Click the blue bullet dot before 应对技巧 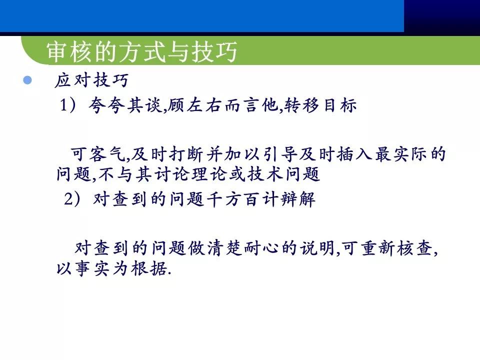(27, 80)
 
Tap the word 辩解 (302, 199)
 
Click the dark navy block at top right (441, 16)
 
